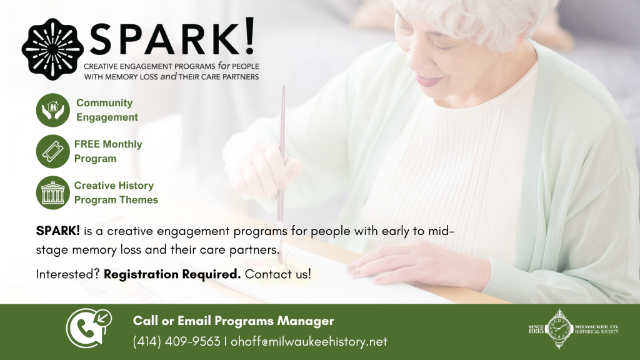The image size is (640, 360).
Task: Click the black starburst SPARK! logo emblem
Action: tap(52, 49)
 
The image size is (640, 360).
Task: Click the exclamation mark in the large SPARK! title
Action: tap(250, 36)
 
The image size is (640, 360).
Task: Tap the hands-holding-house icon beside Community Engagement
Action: tap(53, 110)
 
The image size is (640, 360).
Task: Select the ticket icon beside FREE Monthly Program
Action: tap(53, 151)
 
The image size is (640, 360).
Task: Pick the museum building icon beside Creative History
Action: tap(53, 192)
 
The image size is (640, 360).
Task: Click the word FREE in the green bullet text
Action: tap(87, 144)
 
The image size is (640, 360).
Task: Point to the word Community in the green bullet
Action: tap(104, 103)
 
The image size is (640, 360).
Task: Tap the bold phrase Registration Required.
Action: tap(172, 274)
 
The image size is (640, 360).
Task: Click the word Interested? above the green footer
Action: tap(67, 274)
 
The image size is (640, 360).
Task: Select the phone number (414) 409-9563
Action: tap(177, 342)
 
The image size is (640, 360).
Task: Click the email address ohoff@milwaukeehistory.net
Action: tap(309, 342)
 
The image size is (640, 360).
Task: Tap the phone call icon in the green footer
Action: tap(89, 327)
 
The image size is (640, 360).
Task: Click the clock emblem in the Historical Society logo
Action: tap(559, 329)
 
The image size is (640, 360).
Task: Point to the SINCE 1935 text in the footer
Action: tap(536, 329)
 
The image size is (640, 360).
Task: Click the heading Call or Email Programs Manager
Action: tap(234, 321)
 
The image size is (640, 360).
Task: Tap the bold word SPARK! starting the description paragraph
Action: tap(58, 231)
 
